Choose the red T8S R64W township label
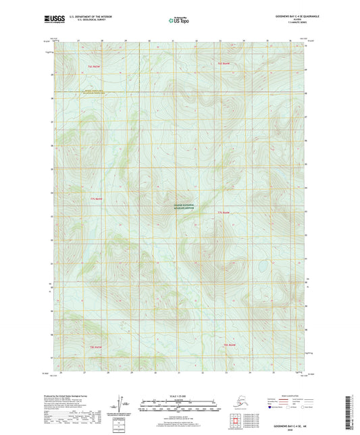pos(230,346)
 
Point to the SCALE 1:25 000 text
pos(179,394)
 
